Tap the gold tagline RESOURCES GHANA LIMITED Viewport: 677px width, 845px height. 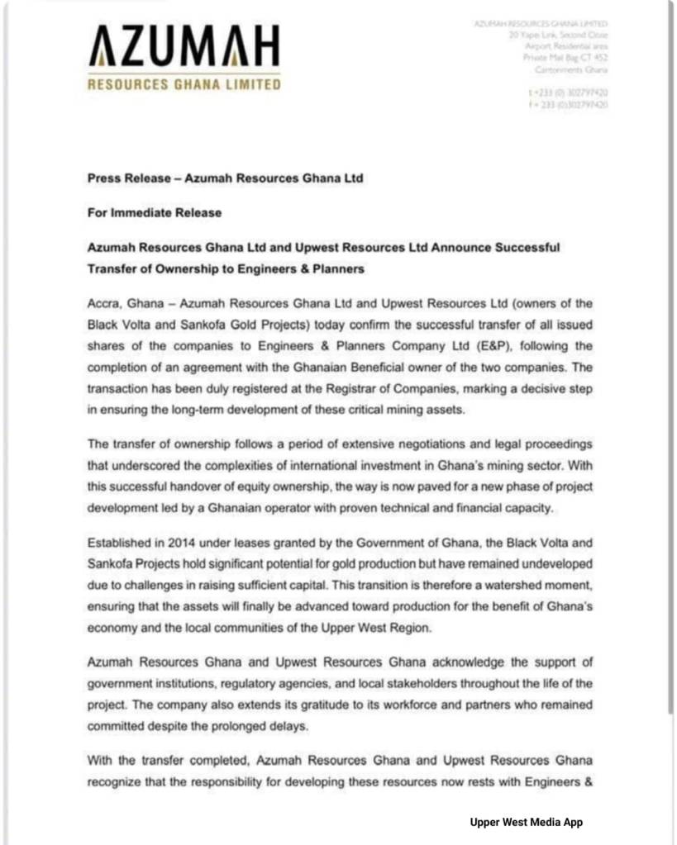point(184,83)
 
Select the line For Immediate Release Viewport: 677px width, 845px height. point(155,212)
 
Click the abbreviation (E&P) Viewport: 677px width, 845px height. point(490,346)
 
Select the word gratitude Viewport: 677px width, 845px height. point(303,705)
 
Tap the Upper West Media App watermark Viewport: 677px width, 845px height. point(527,822)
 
